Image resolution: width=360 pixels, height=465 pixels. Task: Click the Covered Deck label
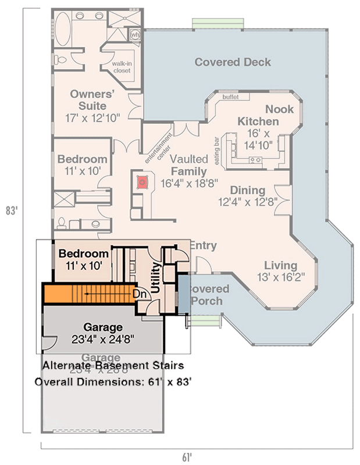point(233,62)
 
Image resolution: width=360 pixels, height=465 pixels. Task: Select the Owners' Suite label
point(88,100)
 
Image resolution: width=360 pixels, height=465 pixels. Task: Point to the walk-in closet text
point(122,67)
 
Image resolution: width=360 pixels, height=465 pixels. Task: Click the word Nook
point(279,109)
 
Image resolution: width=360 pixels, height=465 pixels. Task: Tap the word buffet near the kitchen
point(231,97)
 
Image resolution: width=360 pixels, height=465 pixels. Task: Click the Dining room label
point(247,191)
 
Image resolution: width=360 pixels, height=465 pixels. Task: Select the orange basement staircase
point(87,294)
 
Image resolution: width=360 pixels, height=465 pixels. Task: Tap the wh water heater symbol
point(135,35)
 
